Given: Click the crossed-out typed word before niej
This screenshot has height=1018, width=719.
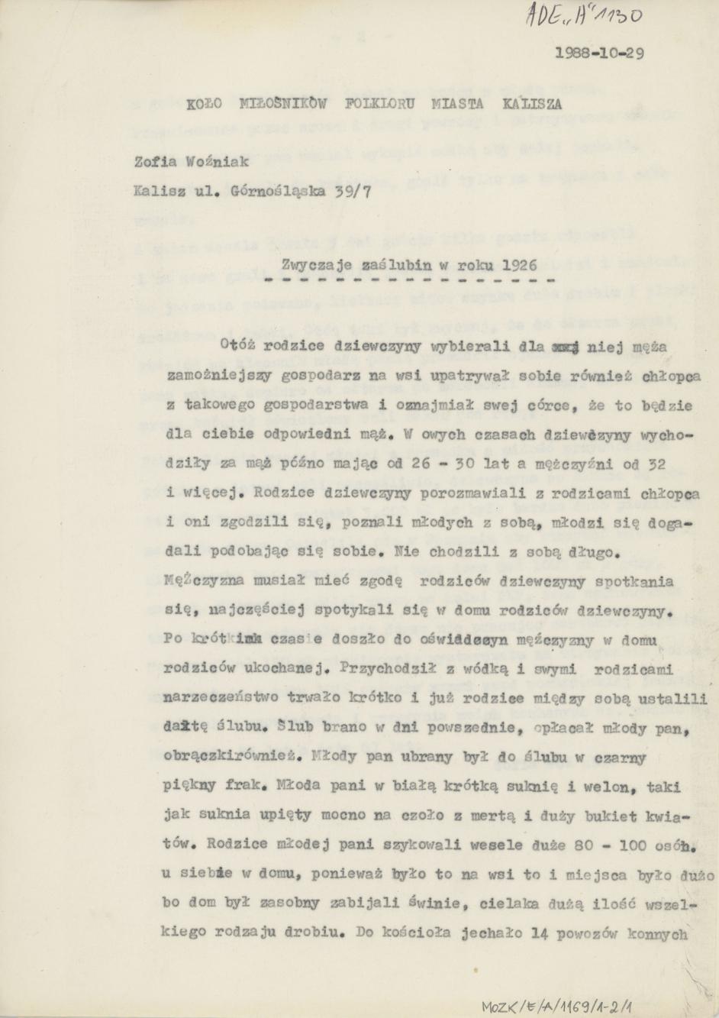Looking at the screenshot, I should pos(563,345).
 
